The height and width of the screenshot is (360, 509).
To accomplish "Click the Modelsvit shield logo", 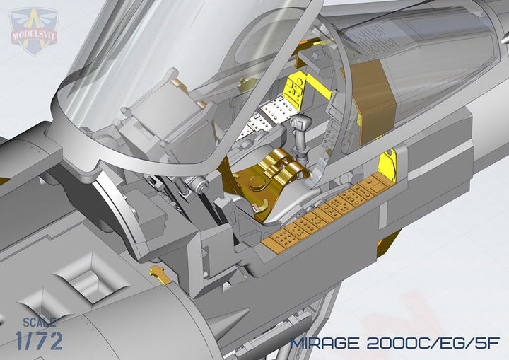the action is pyautogui.click(x=34, y=31).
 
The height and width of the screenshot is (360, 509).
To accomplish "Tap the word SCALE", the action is pyautogui.click(x=40, y=323).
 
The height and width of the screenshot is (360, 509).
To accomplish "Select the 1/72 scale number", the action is pyautogui.click(x=40, y=341).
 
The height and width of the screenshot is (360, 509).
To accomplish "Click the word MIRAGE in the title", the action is pyautogui.click(x=325, y=343).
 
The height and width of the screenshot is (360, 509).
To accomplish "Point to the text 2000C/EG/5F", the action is pyautogui.click(x=433, y=343).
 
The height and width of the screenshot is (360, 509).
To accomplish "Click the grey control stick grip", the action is pyautogui.click(x=301, y=124).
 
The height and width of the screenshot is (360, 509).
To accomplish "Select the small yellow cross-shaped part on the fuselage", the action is pyautogui.click(x=159, y=272).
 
